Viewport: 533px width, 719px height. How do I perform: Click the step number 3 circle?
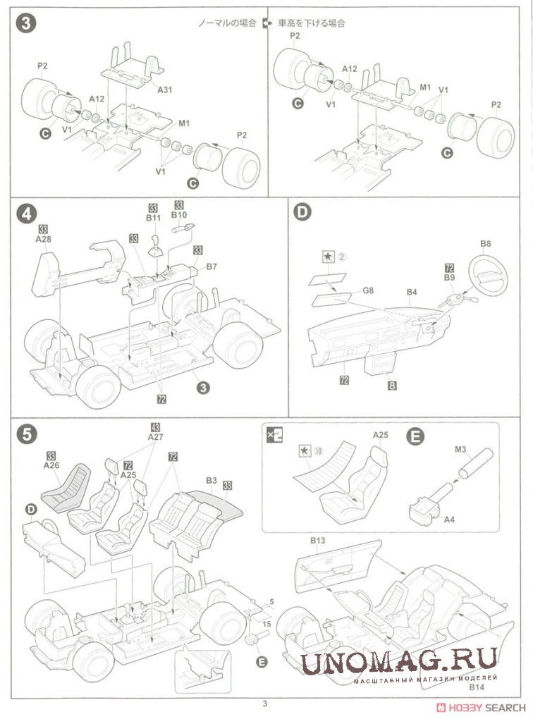(25, 23)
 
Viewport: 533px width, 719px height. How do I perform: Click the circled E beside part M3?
(417, 437)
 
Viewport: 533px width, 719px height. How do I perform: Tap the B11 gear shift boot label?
(154, 218)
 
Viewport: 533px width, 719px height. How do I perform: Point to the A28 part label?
(44, 239)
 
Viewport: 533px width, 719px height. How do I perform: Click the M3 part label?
(461, 449)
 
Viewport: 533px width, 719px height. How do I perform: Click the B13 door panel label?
(317, 541)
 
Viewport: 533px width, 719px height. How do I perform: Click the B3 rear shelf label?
(211, 481)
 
